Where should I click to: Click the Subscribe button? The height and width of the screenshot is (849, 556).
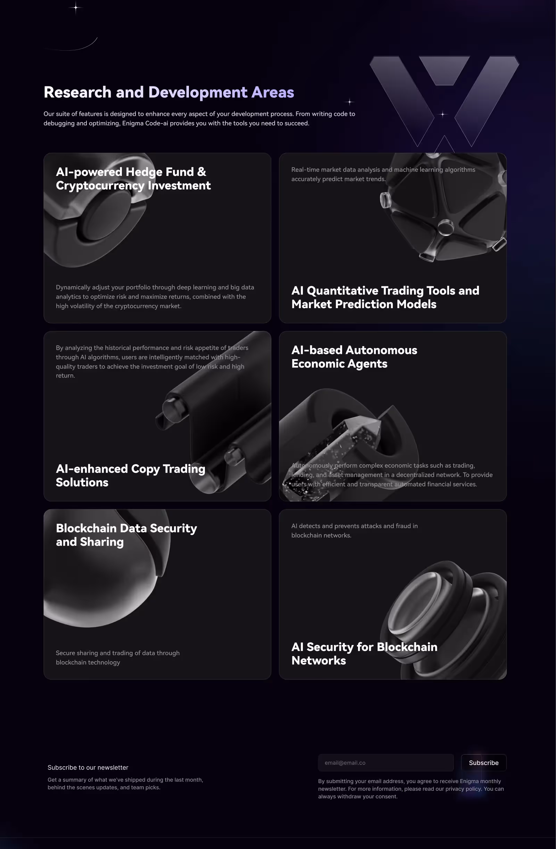click(483, 763)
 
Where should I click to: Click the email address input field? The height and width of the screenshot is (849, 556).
click(386, 763)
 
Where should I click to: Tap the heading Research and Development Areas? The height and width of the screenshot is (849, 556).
click(169, 92)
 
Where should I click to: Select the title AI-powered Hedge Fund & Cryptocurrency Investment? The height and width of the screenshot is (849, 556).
click(133, 179)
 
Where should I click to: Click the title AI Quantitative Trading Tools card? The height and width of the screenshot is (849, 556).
click(385, 297)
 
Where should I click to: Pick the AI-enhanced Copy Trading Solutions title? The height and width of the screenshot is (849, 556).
click(131, 476)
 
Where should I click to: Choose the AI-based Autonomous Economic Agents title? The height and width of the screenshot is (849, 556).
click(354, 357)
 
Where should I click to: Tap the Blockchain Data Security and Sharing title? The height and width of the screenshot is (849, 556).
click(126, 535)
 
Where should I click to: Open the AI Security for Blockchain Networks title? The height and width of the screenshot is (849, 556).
click(364, 654)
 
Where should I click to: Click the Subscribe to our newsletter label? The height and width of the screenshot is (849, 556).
click(88, 767)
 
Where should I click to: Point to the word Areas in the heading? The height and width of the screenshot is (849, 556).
click(273, 92)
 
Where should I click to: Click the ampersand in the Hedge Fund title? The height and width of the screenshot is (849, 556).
click(202, 172)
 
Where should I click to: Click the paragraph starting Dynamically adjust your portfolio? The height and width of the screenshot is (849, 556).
click(155, 296)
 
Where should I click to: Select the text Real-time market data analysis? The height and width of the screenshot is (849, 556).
click(383, 174)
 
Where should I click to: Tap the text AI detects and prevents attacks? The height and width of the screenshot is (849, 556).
click(355, 530)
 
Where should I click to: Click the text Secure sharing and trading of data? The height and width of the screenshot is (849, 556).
click(118, 657)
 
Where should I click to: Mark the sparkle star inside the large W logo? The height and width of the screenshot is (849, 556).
click(442, 114)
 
